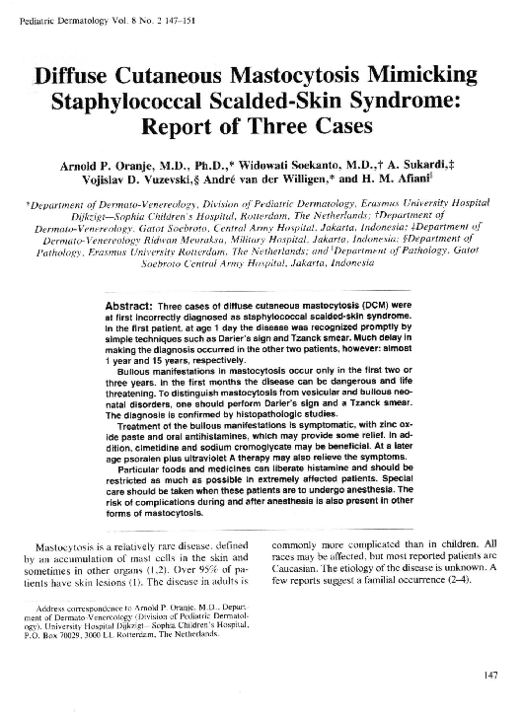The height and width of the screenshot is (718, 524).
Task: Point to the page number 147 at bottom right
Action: click(x=491, y=676)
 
